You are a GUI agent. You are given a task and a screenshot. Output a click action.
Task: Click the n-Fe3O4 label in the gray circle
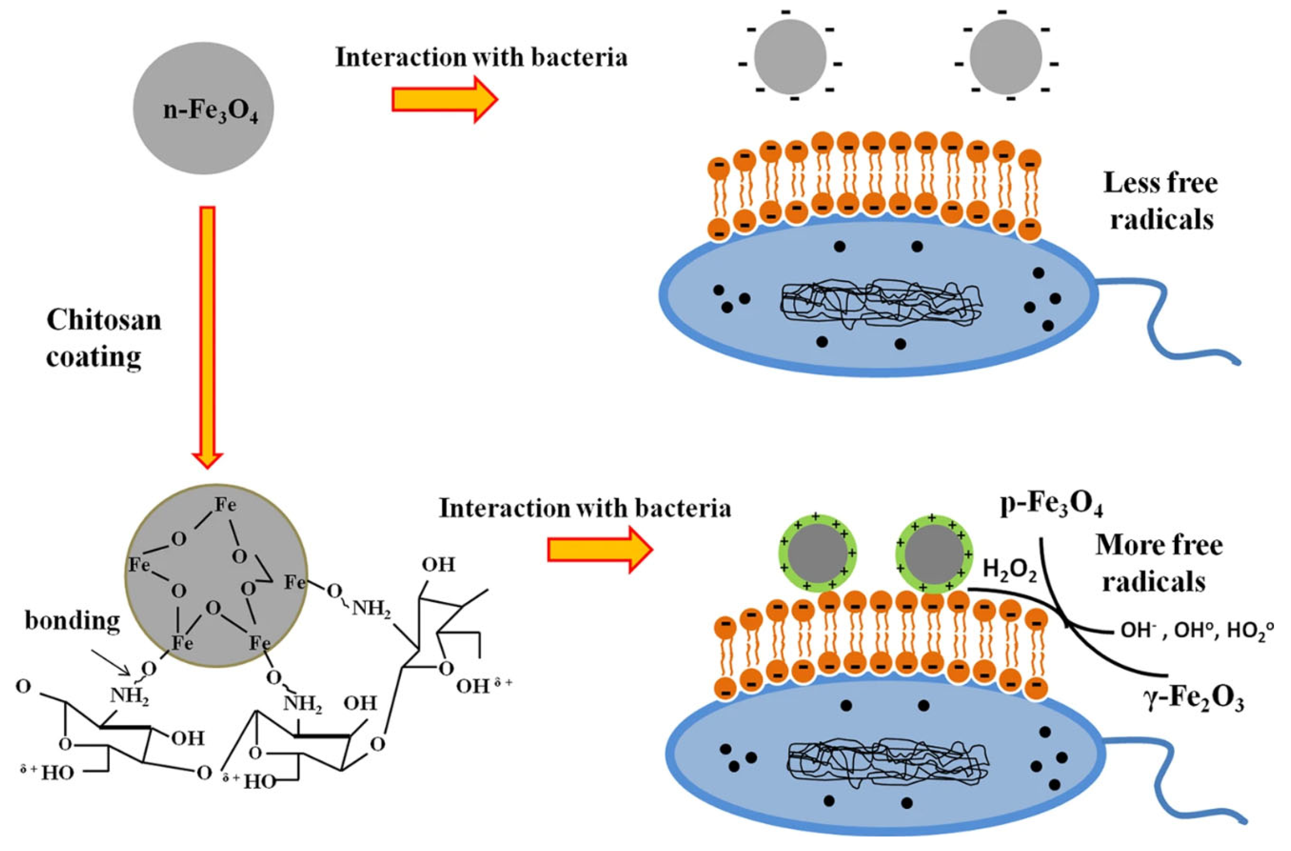tap(211, 111)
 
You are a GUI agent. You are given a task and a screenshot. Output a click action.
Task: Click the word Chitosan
tap(104, 320)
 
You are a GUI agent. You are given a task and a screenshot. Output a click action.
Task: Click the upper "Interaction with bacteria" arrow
tap(444, 100)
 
